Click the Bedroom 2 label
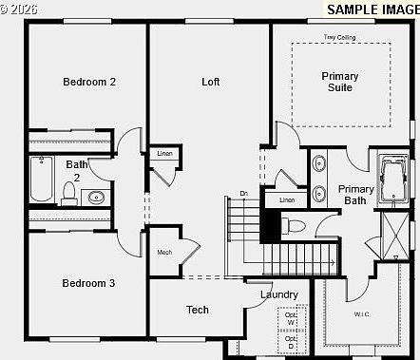pos(89,82)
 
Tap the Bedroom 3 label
pos(89,283)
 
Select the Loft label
pos(211,82)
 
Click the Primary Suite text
pos(339,82)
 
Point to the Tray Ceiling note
pos(339,37)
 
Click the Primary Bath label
pos(356,195)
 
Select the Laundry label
pos(279,294)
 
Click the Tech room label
pos(198,310)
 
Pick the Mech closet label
pos(164,252)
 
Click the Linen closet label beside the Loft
pos(164,154)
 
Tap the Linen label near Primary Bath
pos(286,200)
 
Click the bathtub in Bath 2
pos(41,180)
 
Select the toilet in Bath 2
pos(68,194)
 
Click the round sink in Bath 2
pos(95,198)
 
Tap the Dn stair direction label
pos(243,194)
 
